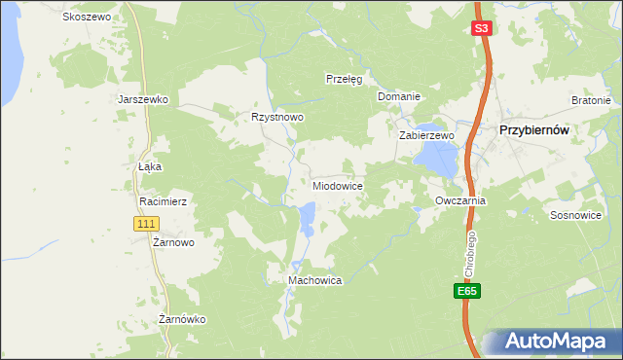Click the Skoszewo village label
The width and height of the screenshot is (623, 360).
87,18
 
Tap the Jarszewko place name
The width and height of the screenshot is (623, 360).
143,99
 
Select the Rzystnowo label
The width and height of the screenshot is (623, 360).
277,117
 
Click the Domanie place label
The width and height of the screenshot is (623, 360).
398,96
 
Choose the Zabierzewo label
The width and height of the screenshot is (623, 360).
426,135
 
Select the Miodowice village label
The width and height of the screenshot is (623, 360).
338,185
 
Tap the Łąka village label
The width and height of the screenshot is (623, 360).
149,166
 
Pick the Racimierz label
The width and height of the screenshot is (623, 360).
163,201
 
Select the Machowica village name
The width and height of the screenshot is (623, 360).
314,280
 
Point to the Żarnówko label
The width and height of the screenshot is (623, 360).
182,319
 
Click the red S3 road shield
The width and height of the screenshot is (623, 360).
481,29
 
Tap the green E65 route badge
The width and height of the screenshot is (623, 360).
467,291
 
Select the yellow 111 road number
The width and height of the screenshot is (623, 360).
145,224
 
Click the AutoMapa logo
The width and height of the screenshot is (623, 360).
551,341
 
